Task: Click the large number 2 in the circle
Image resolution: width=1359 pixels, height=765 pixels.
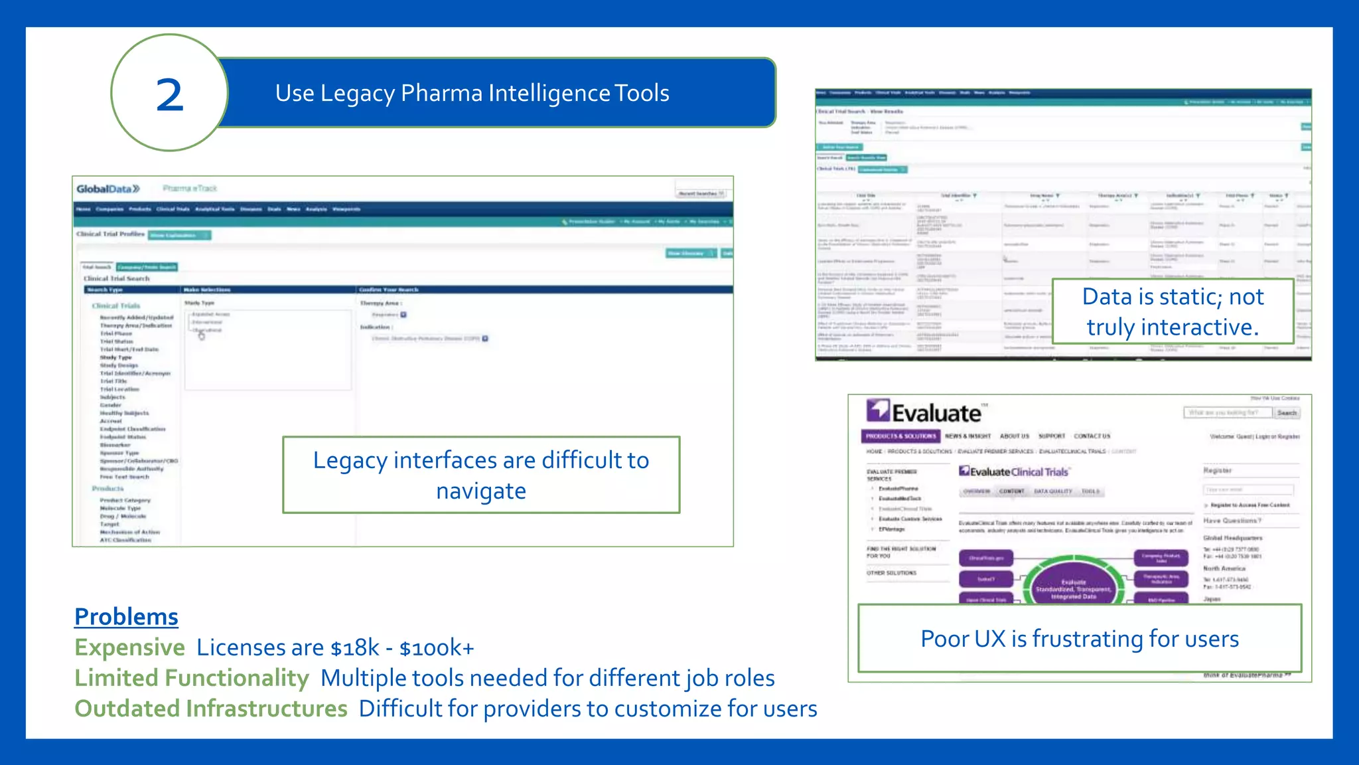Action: [x=169, y=95]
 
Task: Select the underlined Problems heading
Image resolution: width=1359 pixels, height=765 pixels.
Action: [x=126, y=617]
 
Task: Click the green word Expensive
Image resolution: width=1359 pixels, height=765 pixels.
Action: [x=129, y=647]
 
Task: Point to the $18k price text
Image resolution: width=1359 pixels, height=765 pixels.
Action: [x=355, y=647]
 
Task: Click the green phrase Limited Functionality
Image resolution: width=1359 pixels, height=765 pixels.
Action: [x=191, y=678]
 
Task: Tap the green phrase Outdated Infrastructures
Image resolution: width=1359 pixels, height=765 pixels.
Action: [x=210, y=709]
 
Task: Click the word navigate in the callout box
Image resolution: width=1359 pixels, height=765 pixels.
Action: [x=481, y=491]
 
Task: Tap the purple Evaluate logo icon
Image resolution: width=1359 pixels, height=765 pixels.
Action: [x=878, y=410]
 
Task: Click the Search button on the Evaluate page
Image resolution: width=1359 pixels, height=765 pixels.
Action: [x=1287, y=413]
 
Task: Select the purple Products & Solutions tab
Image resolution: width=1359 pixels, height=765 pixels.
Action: [x=900, y=436]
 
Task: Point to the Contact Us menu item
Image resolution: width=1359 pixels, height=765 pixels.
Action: [x=1092, y=436]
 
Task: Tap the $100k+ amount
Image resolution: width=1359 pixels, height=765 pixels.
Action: [x=437, y=647]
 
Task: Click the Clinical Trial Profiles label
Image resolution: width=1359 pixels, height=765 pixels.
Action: [x=110, y=234]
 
